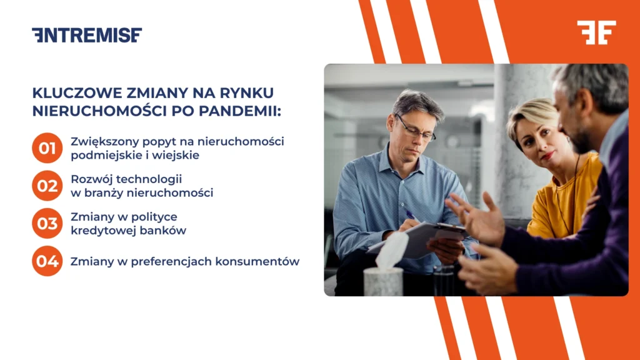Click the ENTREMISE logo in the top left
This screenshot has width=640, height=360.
(87, 35)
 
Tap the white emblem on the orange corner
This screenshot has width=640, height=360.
(596, 32)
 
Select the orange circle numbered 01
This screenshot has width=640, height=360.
(47, 148)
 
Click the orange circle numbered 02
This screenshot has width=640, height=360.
(47, 186)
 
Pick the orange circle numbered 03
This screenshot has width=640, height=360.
(47, 223)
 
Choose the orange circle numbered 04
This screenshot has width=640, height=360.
(47, 261)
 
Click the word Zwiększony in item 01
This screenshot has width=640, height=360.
(99, 141)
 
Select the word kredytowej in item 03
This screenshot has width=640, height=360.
(100, 230)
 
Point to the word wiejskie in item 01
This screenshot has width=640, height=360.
(179, 155)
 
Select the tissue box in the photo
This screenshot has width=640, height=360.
(383, 280)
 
